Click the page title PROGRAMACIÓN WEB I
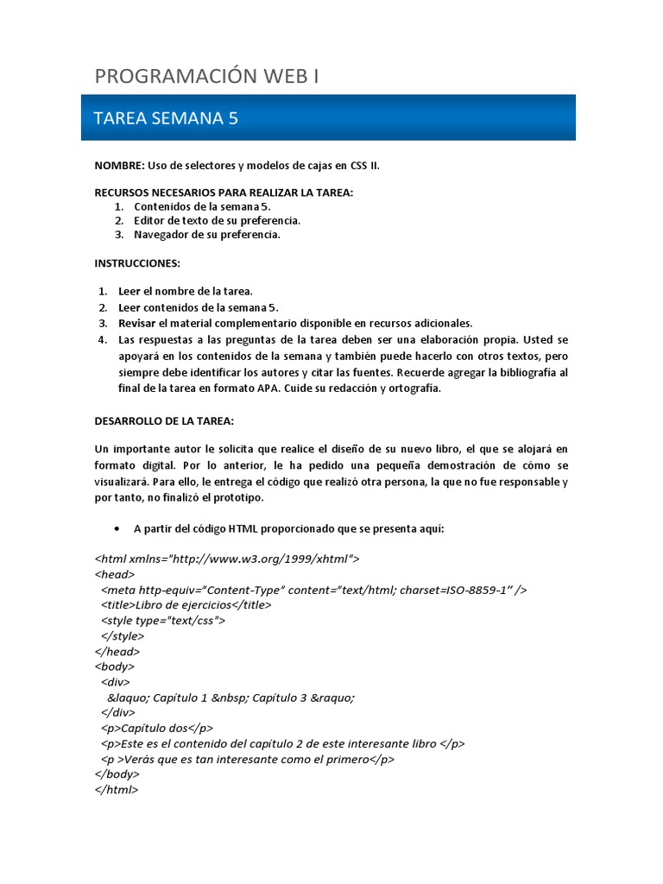pyautogui.click(x=207, y=77)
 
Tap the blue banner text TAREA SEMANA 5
pyautogui.click(x=165, y=118)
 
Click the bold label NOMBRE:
pyautogui.click(x=119, y=165)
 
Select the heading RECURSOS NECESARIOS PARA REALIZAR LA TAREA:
pyautogui.click(x=224, y=193)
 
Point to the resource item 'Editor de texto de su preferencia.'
pyautogui.click(x=217, y=220)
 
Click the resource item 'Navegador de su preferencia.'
pyautogui.click(x=207, y=234)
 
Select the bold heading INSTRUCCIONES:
pyautogui.click(x=137, y=262)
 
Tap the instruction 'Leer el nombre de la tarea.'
pyautogui.click(x=186, y=291)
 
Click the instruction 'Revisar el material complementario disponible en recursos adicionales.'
pyautogui.click(x=295, y=323)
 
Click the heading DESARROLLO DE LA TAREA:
pyautogui.click(x=164, y=420)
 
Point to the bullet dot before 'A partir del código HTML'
pyautogui.click(x=117, y=528)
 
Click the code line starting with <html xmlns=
pyautogui.click(x=227, y=559)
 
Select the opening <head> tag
pyautogui.click(x=114, y=574)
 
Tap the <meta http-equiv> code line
pyautogui.click(x=313, y=590)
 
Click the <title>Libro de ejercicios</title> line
pyautogui.click(x=186, y=605)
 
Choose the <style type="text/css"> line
pyautogui.click(x=163, y=621)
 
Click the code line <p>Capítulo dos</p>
pyautogui.click(x=156, y=728)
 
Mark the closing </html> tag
pyautogui.click(x=116, y=790)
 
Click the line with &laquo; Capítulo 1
pyautogui.click(x=230, y=698)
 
